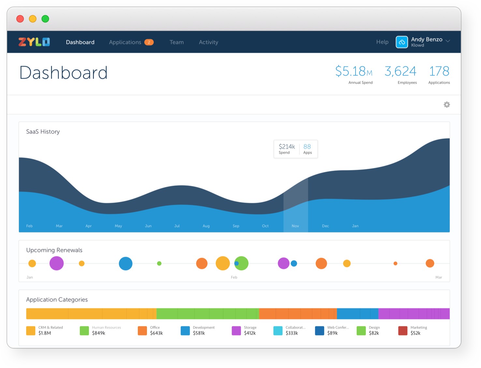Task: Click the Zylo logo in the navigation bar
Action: pos(34,42)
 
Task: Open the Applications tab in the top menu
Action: pos(125,42)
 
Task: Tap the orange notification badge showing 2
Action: pos(149,42)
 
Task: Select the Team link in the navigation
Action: pos(177,42)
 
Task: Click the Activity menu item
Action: pos(209,42)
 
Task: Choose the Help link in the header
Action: pos(382,42)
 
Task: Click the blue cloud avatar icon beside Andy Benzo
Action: pos(402,42)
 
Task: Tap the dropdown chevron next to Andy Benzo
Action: pos(448,41)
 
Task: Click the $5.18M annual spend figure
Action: pos(354,71)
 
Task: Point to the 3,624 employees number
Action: pos(400,71)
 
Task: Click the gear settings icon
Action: pos(447,105)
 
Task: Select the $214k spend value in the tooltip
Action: pos(287,147)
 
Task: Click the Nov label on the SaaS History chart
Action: pos(295,226)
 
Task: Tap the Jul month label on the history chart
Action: pos(177,226)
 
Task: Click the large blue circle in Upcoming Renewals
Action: pos(125,263)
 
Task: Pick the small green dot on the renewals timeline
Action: pos(159,263)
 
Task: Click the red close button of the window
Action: pos(20,19)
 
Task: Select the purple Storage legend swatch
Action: pos(236,331)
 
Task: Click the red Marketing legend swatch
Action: pos(403,331)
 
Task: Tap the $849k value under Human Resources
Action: pos(98,333)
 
